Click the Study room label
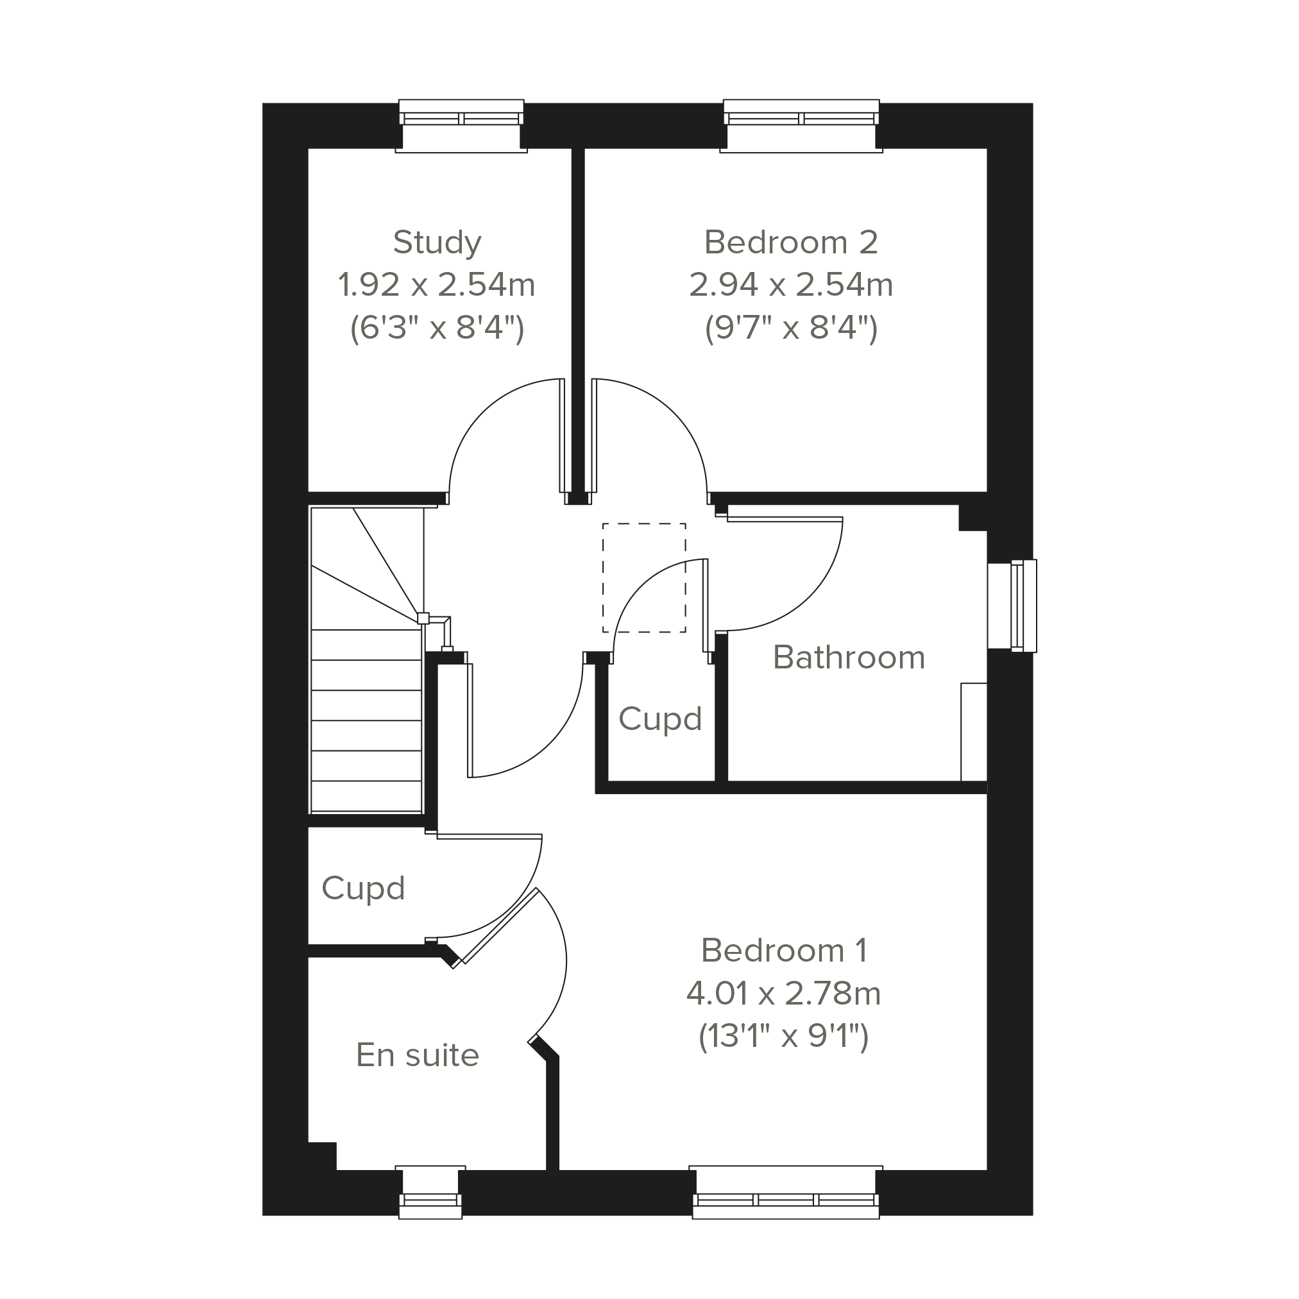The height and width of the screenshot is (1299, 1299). pos(437,242)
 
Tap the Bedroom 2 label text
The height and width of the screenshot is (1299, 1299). pos(791,242)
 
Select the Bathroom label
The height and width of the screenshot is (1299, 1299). pos(849,657)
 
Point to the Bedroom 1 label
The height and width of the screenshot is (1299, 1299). pos(784,950)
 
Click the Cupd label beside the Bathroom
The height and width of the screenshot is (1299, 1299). pos(659,718)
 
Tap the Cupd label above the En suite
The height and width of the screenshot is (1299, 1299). pos(363,888)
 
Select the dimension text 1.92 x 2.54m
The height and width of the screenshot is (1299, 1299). pos(436,285)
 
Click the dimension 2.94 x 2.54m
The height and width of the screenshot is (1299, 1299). pos(791,285)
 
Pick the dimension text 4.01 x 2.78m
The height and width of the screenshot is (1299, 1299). pos(784,993)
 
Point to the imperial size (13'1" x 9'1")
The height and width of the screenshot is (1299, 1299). pos(784,1036)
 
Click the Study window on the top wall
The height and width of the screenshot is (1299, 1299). pos(461,126)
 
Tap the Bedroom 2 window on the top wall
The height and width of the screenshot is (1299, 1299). pos(801,126)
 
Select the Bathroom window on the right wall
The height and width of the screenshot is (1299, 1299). pos(1012,606)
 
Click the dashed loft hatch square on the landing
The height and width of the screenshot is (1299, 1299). pos(644,577)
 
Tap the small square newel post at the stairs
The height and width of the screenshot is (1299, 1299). pos(423,618)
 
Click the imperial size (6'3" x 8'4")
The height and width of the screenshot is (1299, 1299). pos(437,329)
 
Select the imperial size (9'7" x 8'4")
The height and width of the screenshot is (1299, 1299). pos(791,329)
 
